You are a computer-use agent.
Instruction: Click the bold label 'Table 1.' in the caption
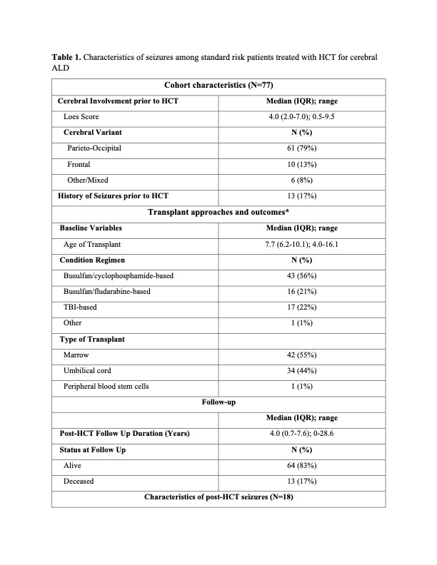66,56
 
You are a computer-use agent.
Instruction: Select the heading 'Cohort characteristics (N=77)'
218,86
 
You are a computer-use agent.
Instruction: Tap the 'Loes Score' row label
82,116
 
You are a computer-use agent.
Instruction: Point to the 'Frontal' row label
79,164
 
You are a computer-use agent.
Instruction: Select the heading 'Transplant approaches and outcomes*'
218,212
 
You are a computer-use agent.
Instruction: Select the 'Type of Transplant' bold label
92,339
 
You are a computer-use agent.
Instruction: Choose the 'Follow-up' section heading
218,402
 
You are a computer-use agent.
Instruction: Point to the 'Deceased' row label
79,481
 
